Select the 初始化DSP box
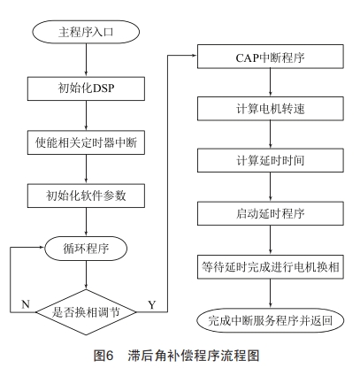pyautogui.click(x=87, y=88)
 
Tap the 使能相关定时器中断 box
pyautogui.click(x=87, y=142)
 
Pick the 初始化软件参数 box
pyautogui.click(x=87, y=195)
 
